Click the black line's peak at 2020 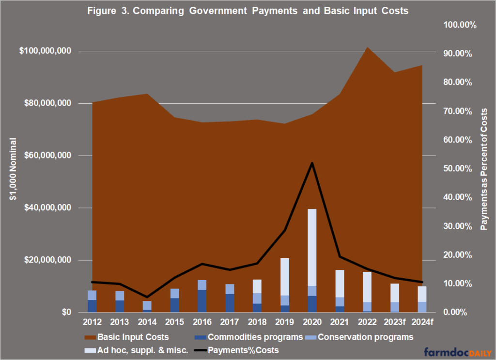pos(312,163)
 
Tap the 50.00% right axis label pos(458,169)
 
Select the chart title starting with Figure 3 pos(248,12)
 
